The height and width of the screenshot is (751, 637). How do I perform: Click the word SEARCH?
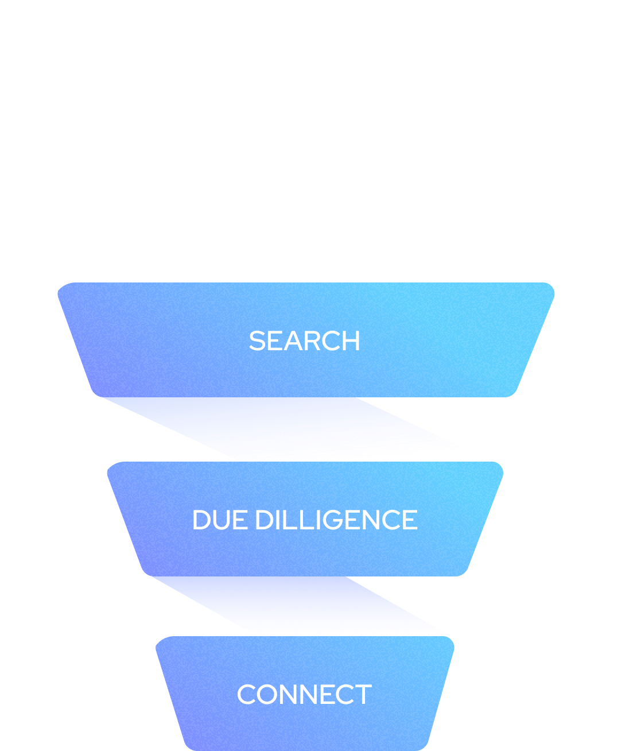pos(304,341)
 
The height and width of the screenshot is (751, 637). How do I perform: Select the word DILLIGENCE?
pos(337,520)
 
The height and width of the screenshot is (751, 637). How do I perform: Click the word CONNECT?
pos(304,694)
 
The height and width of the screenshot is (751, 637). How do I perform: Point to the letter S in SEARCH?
pos(258,341)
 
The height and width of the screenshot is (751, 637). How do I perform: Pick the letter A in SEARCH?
pos(294,341)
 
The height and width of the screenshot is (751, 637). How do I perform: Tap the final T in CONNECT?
pos(363,694)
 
